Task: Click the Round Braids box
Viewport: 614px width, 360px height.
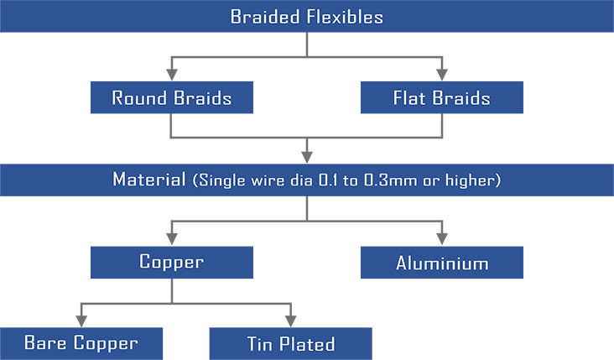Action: pyautogui.click(x=171, y=97)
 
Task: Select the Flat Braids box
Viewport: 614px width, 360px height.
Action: pyautogui.click(x=442, y=97)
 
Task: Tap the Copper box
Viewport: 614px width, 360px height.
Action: pyautogui.click(x=171, y=263)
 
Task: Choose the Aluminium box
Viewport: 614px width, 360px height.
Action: pyautogui.click(x=442, y=263)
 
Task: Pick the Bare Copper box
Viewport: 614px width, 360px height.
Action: pyautogui.click(x=81, y=343)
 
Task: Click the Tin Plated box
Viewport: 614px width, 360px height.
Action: pyautogui.click(x=290, y=343)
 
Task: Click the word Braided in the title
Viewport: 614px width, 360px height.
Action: pyautogui.click(x=265, y=17)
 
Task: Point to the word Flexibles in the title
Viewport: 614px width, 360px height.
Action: pyautogui.click(x=345, y=17)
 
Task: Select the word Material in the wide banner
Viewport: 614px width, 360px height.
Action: pyautogui.click(x=149, y=180)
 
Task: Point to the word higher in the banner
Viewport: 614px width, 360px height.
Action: pyautogui.click(x=471, y=180)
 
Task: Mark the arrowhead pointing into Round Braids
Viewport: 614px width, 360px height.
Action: pyautogui.click(x=171, y=75)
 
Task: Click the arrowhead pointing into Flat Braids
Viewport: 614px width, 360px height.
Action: pyautogui.click(x=442, y=75)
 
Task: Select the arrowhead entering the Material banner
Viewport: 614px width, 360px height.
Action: pyautogui.click(x=307, y=157)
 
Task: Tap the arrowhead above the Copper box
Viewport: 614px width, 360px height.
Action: pyautogui.click(x=171, y=239)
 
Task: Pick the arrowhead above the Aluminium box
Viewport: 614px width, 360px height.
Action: pyautogui.click(x=442, y=239)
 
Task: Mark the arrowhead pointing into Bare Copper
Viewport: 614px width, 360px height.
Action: pyautogui.click(x=81, y=321)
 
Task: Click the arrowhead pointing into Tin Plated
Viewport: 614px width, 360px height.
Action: pyautogui.click(x=290, y=321)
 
